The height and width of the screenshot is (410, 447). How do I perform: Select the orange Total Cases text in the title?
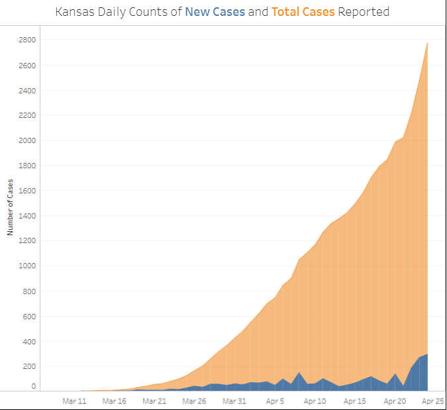pos(303,12)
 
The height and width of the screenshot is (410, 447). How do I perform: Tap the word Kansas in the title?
pos(74,12)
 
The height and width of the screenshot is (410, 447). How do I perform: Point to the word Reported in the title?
pos(364,12)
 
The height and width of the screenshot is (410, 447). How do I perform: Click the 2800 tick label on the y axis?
pos(27,40)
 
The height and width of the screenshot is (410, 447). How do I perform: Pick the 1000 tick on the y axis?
pos(27,266)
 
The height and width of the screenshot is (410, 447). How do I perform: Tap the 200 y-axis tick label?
pos(29,366)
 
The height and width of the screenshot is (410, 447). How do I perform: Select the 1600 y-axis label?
pos(27,191)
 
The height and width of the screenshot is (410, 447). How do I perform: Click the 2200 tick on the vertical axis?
pos(27,115)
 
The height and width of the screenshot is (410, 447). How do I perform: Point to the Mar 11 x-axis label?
pos(74,401)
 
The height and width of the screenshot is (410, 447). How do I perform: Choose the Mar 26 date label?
pos(194,401)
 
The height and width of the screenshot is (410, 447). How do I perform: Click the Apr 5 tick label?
pos(275,401)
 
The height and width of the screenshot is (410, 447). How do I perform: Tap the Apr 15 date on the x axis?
pos(355,401)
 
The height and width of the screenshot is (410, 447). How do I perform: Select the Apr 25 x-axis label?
pos(433,401)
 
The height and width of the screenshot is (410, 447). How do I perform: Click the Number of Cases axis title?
pos(11,207)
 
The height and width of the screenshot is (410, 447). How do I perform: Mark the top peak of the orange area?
pos(427,43)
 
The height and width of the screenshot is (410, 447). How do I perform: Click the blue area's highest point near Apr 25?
pos(427,355)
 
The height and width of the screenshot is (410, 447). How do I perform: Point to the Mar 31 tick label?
pos(234,401)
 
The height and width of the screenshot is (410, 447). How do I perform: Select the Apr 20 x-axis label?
pos(395,401)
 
